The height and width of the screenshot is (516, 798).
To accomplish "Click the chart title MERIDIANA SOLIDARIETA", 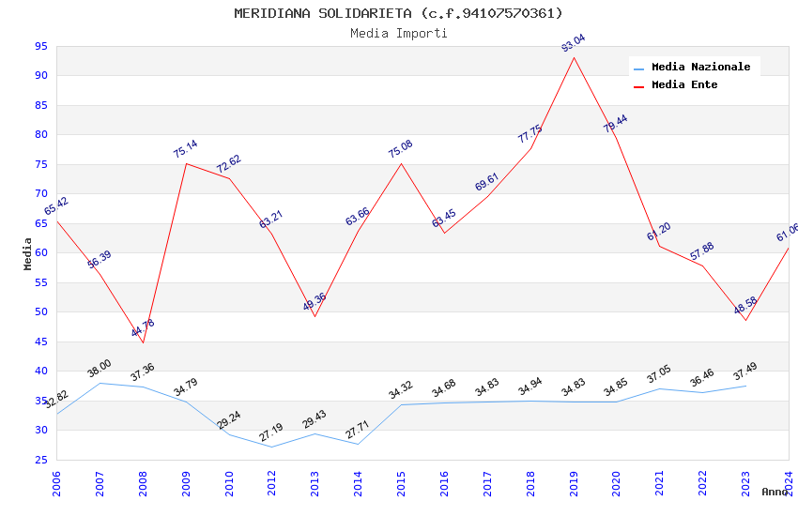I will coord(398,13).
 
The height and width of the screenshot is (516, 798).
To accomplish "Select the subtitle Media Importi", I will coord(398,34).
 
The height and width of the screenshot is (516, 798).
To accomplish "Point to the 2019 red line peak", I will coord(574,57).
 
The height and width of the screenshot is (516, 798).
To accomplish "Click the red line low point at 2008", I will coord(143,342).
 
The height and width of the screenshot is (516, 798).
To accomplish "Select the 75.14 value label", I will coord(185,149).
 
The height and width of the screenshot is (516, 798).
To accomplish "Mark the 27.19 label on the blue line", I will coord(270,433).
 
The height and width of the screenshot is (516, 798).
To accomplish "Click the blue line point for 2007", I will coord(100,383).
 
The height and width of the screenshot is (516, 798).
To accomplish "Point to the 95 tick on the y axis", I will coord(40,46).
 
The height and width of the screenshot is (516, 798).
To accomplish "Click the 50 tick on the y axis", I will coord(40,312).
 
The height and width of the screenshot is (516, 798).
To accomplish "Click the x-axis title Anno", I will coord(775,492).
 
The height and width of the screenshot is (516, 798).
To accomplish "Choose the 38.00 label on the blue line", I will coord(99,368).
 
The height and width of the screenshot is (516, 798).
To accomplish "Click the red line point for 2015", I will coord(402,163).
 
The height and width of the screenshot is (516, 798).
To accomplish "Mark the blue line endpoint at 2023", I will coord(745,386).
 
